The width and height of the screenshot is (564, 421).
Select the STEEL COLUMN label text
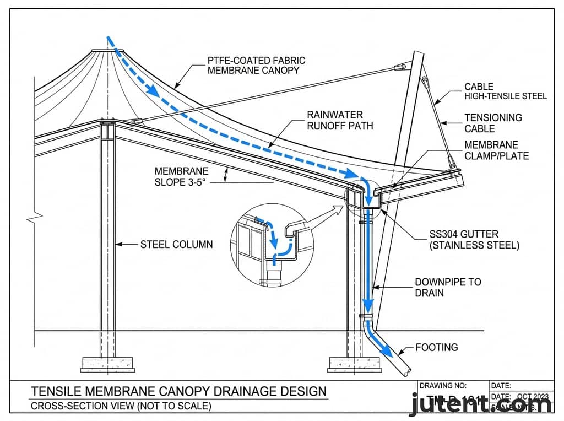[176, 244]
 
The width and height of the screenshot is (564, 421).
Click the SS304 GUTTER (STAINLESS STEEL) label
[474, 240]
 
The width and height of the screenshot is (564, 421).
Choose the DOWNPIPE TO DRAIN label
[447, 287]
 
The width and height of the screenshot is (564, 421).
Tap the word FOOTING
[436, 348]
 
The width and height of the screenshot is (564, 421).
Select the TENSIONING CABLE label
[493, 123]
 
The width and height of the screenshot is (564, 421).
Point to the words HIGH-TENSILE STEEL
[506, 96]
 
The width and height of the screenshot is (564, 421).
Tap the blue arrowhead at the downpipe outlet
[389, 351]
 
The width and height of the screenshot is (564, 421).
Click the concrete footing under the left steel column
[108, 363]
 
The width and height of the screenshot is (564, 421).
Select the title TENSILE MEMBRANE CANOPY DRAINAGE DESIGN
[178, 392]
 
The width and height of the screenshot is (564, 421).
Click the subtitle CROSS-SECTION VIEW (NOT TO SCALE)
[121, 407]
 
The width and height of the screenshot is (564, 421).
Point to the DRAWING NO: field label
[443, 386]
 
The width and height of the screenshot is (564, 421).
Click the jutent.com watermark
[481, 405]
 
